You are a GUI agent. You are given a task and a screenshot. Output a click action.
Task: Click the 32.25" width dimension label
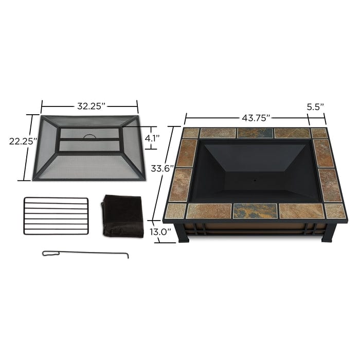[91, 106]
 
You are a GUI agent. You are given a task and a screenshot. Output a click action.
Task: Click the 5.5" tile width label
[316, 107]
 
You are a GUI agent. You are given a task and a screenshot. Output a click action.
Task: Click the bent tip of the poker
[126, 256]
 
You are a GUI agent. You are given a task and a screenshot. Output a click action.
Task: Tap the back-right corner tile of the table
[319, 133]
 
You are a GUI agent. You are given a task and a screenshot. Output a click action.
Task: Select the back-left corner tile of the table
[191, 133]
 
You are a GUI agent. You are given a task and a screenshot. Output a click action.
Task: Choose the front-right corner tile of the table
[334, 210]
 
